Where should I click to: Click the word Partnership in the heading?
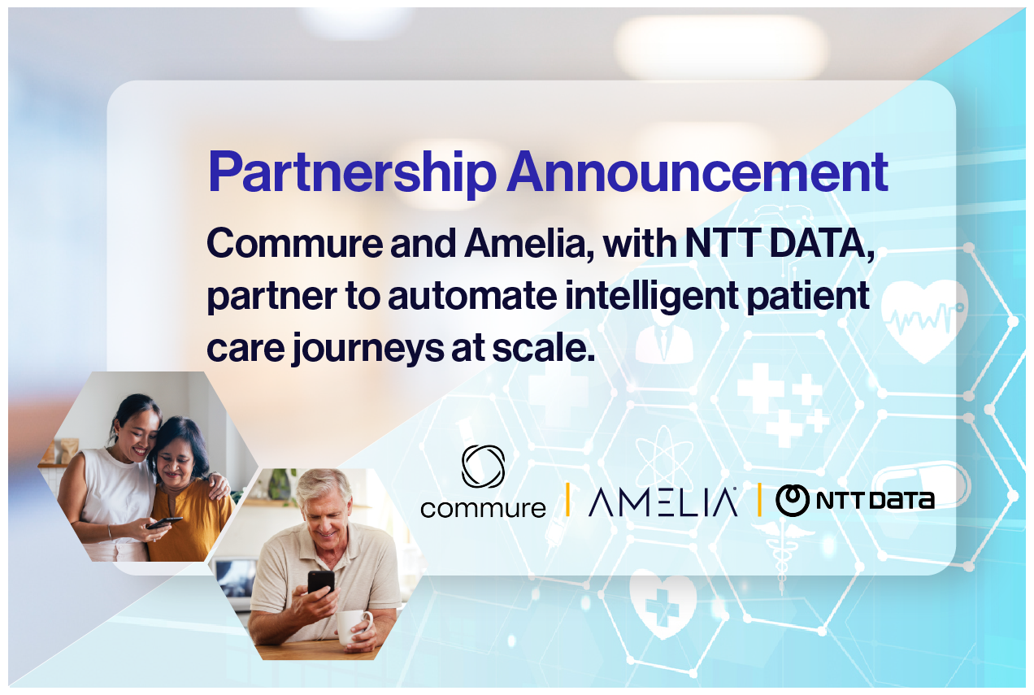pyautogui.click(x=352, y=172)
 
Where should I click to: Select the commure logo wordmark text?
pyautogui.click(x=483, y=509)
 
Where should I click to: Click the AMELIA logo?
pyautogui.click(x=663, y=502)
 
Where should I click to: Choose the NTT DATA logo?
pyautogui.click(x=854, y=500)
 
